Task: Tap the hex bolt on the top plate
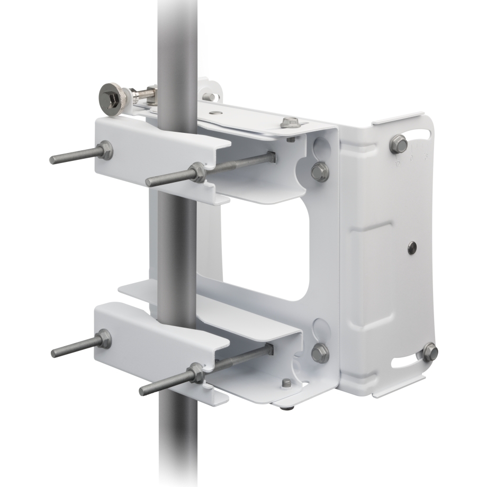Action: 290,122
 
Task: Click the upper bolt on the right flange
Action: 399,143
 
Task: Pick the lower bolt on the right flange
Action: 430,352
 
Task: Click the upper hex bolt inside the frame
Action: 320,170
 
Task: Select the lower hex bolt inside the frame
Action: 320,353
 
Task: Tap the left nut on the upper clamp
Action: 105,151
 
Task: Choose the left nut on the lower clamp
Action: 104,339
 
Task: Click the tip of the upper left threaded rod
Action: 53,160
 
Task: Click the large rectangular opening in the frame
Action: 275,249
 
